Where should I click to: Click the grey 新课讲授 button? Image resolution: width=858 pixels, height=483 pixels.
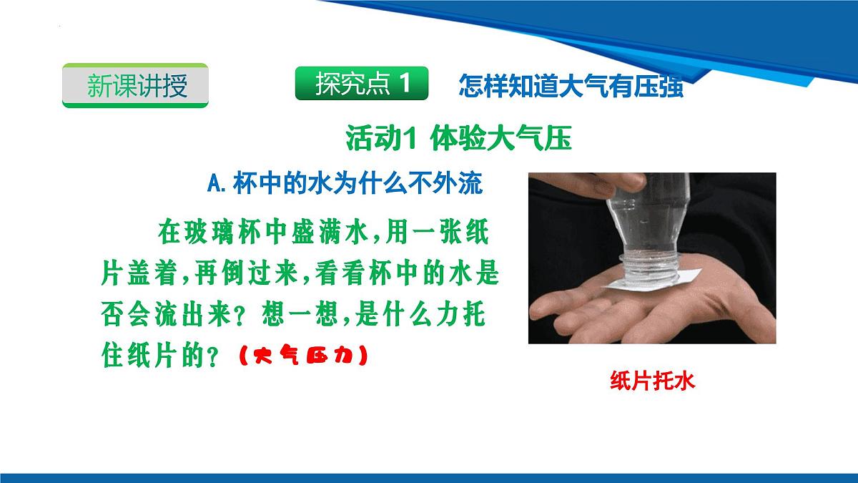136,85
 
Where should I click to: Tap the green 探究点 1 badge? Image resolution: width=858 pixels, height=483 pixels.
361,84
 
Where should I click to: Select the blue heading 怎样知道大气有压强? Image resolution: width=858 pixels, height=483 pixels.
570,85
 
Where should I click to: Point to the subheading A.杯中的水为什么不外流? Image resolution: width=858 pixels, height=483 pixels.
344,185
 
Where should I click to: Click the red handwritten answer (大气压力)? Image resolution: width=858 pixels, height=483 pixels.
301,356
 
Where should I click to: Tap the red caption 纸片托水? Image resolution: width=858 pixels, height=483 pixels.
652,381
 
